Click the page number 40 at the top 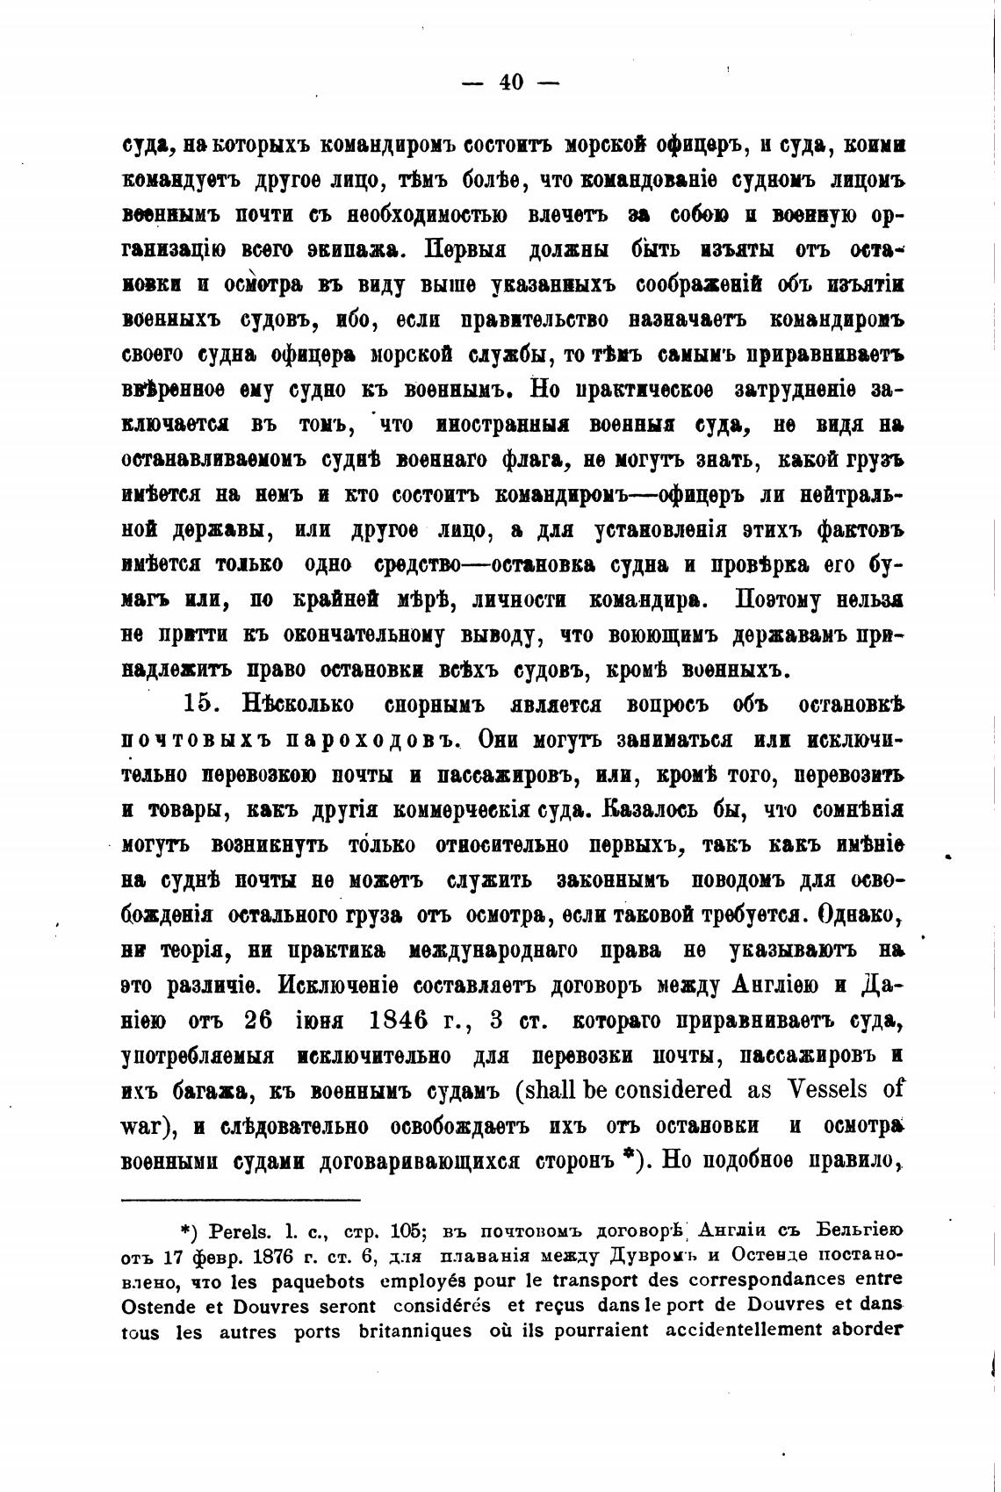coord(511,82)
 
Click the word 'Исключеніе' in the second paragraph coord(345,985)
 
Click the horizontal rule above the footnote coord(241,1199)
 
